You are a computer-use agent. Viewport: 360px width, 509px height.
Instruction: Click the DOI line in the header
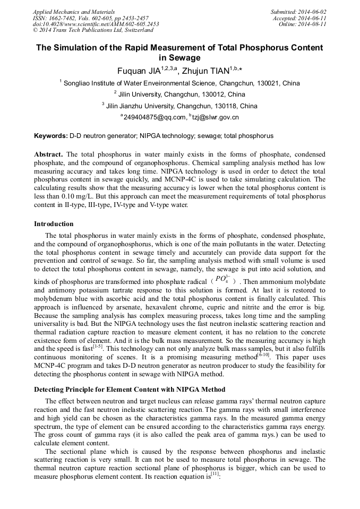point(96,24)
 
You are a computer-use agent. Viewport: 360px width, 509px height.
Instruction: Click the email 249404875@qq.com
point(155,117)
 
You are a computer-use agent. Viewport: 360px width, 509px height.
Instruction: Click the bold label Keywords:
point(50,136)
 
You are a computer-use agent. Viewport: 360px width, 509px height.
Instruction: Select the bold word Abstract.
point(48,153)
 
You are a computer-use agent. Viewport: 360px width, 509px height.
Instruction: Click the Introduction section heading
point(54,224)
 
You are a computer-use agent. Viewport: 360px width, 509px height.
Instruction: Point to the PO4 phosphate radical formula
point(220,280)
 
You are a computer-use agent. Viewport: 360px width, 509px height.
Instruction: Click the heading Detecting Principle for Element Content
point(130,390)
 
